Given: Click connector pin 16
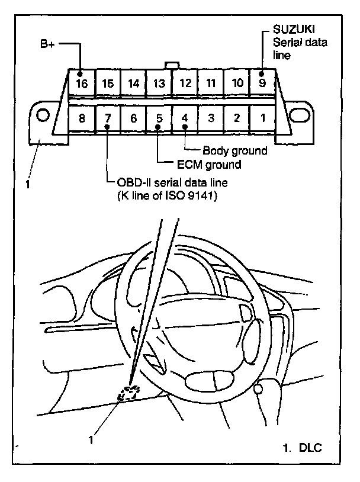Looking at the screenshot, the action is click(x=82, y=83).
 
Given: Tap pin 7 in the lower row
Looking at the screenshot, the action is click(x=107, y=118).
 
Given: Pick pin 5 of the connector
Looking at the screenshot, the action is click(x=159, y=118).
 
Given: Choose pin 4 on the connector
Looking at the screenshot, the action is click(x=185, y=118).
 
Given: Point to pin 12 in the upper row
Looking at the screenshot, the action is click(x=185, y=83).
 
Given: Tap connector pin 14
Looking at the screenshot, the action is click(x=134, y=83).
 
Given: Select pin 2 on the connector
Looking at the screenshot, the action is click(x=236, y=118).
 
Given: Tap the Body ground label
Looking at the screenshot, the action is click(x=234, y=150).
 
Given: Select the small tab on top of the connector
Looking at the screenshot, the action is click(x=172, y=65).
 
